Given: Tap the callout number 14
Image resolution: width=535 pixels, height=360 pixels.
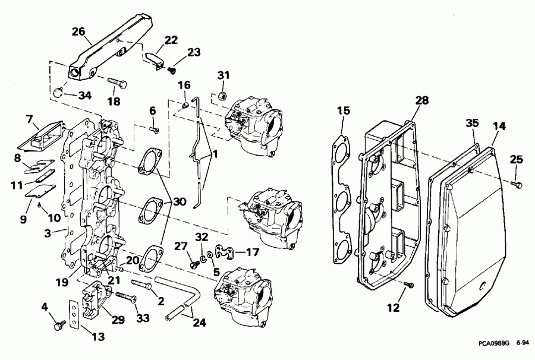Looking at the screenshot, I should [499, 126].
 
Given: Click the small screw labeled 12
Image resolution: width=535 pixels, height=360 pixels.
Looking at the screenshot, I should [408, 286].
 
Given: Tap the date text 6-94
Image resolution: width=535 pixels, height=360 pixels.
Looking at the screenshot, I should [523, 343].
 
